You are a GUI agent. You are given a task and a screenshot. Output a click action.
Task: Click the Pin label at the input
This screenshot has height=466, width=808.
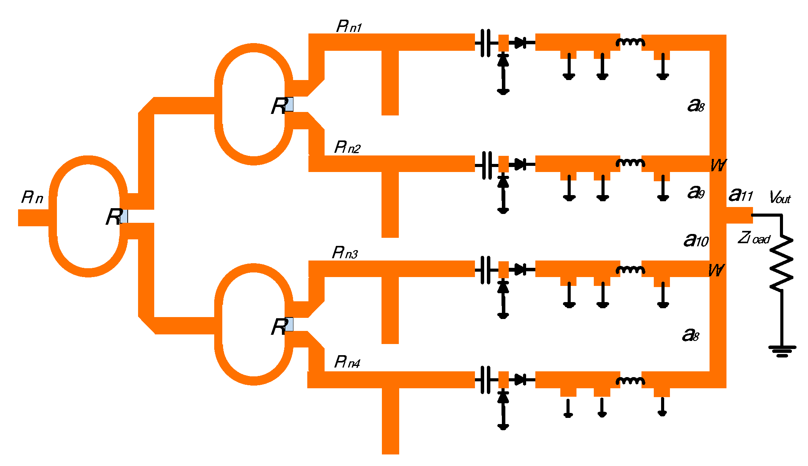click(32, 197)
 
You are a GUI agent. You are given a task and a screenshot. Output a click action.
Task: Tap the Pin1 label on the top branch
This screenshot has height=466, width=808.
click(349, 27)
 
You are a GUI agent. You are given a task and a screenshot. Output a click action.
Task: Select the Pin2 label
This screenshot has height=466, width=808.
click(347, 147)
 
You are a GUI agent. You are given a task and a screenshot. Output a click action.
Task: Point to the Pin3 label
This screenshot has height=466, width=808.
click(345, 253)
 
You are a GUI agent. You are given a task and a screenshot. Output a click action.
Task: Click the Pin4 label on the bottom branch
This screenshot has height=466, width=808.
click(347, 362)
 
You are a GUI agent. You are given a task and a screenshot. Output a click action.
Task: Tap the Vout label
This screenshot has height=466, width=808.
click(780, 197)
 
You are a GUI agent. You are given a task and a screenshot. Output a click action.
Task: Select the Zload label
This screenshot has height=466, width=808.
click(754, 238)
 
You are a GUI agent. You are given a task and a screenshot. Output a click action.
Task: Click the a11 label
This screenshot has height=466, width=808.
click(740, 195)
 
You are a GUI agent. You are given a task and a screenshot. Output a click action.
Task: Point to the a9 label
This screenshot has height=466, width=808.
click(696, 192)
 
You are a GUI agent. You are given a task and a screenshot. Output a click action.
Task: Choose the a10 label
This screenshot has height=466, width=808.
click(696, 240)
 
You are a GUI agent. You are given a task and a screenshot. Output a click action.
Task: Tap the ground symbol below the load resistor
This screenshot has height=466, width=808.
click(782, 351)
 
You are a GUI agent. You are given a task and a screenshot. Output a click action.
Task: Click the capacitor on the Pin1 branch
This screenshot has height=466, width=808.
click(486, 43)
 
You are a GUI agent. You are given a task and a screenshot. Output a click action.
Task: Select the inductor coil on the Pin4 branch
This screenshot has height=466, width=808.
click(630, 380)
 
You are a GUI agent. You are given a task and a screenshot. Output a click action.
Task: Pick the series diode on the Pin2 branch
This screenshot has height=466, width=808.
click(520, 164)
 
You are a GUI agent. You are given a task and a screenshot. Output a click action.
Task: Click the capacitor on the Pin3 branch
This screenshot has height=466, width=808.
click(486, 269)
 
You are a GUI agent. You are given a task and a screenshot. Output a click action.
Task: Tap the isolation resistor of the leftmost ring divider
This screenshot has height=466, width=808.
click(123, 216)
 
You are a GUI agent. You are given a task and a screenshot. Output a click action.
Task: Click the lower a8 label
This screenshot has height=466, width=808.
click(691, 335)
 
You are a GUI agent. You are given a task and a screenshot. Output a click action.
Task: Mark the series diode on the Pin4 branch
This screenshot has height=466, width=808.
click(520, 380)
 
